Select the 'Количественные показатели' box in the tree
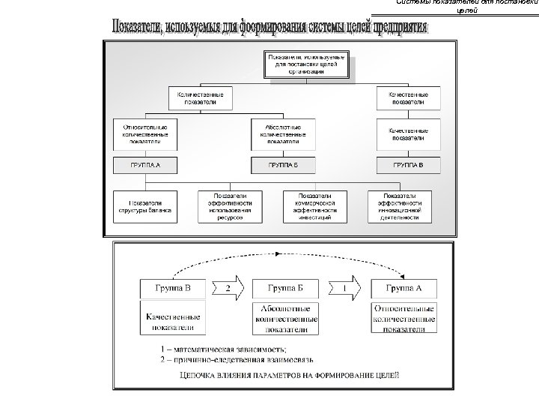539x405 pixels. (200, 98)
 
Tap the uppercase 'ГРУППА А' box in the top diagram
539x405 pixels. (145, 163)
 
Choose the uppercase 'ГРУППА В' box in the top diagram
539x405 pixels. (407, 163)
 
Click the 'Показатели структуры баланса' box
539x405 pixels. (145, 206)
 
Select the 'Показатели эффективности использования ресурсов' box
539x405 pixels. (230, 206)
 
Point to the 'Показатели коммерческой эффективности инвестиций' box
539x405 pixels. (315, 206)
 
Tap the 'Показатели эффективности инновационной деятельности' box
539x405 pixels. (399, 206)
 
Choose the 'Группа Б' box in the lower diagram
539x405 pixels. (285, 287)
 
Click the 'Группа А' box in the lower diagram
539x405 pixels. (404, 287)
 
